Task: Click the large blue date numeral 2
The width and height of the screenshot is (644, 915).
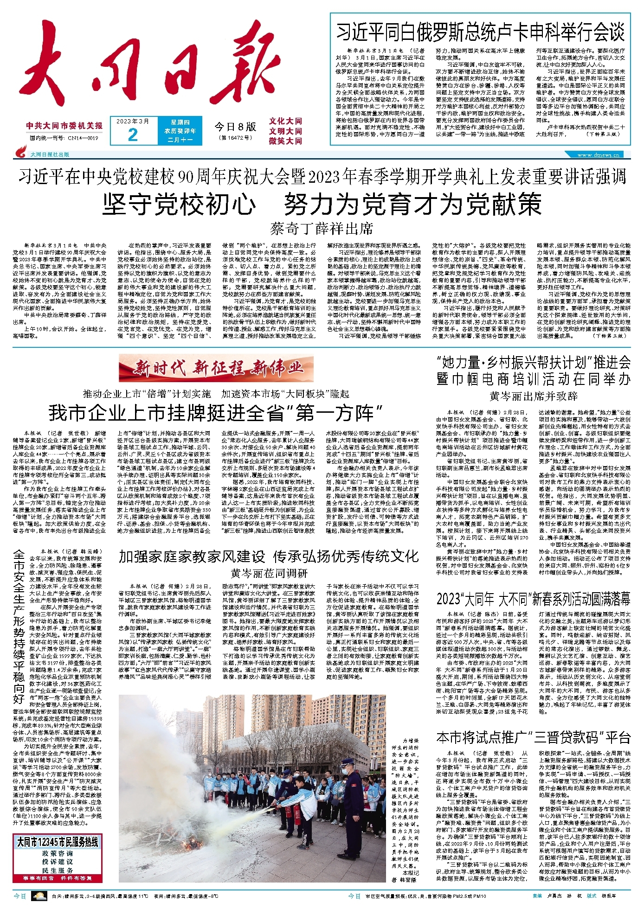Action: tap(133, 134)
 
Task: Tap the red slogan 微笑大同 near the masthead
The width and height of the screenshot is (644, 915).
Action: tap(285, 141)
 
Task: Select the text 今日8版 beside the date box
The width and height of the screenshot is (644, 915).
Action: tap(235, 127)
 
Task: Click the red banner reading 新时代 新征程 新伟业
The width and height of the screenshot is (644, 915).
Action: tap(216, 368)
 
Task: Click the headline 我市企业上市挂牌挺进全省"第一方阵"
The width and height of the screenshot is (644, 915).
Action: tap(215, 412)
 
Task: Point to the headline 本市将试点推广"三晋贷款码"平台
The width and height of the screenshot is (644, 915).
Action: tap(533, 737)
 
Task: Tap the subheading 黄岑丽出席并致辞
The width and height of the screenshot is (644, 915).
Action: tap(533, 396)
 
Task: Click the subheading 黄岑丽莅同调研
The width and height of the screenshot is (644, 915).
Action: tap(269, 573)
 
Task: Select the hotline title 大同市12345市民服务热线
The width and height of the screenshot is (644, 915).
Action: tap(58, 842)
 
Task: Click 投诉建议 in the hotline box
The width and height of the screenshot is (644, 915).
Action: tap(58, 861)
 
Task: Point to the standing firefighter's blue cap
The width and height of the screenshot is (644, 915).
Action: tap(346, 762)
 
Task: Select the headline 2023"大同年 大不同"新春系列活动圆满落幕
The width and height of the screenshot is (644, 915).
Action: tap(533, 599)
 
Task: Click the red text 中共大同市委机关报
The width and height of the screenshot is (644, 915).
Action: tap(64, 126)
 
